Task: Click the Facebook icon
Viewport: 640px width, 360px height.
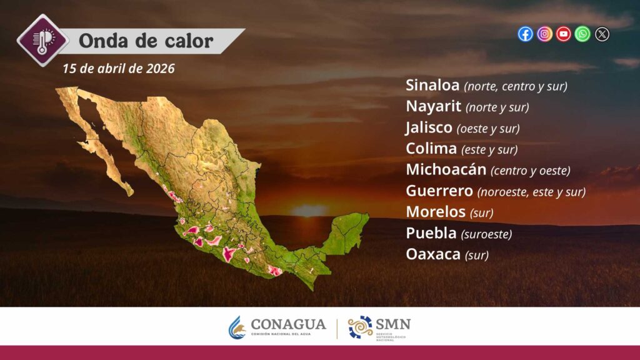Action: coord(525,34)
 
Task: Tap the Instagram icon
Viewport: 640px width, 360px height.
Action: coord(544,34)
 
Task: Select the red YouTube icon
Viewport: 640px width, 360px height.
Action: coord(564,34)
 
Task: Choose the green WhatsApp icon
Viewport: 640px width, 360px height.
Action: coord(582,34)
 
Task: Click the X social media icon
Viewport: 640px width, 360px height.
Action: coord(602,34)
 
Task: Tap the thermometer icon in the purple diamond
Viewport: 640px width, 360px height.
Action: coord(42,41)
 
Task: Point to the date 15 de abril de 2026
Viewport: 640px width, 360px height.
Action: coord(119,69)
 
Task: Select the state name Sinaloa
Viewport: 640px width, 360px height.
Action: coord(432,85)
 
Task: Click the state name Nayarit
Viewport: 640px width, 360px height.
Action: coord(434,106)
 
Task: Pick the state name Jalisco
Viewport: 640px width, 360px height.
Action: coord(429,127)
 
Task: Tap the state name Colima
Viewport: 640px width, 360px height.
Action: coord(431,149)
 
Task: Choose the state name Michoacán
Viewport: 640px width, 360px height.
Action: coord(446,169)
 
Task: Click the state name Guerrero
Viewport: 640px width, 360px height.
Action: coord(439,191)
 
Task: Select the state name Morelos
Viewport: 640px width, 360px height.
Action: coord(436,212)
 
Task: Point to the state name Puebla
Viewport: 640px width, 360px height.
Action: coord(431,233)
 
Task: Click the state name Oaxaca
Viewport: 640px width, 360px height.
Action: coord(433,254)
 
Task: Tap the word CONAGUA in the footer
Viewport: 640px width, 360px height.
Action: coord(288,324)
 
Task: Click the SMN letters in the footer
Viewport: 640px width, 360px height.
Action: coord(392,324)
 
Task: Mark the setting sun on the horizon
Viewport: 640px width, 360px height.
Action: coord(309,210)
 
